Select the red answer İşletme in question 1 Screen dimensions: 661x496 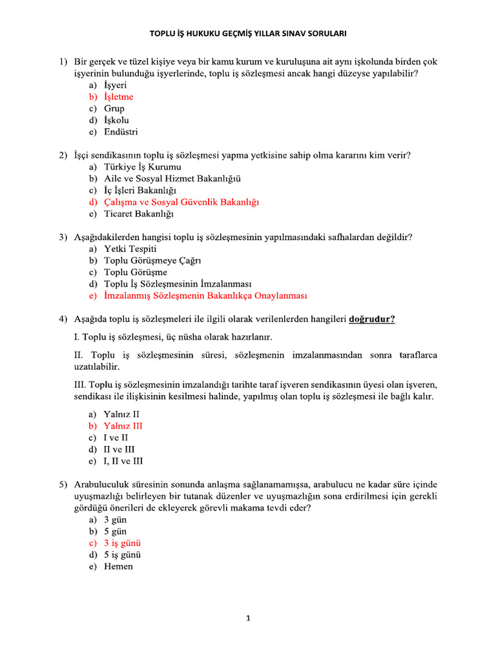point(118,97)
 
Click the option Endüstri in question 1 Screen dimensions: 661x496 point(121,132)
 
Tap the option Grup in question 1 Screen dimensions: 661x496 point(114,108)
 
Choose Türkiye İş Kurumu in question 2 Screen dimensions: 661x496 point(138,167)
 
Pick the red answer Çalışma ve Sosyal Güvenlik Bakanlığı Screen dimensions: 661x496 point(181,202)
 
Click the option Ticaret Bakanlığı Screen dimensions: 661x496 point(138,214)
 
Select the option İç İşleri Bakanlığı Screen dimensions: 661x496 point(141,190)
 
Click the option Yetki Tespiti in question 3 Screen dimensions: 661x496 point(130,249)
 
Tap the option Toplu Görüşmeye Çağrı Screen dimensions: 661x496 point(152,260)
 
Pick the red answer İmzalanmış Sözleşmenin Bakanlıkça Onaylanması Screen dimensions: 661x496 point(205,296)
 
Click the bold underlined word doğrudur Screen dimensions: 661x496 point(372,319)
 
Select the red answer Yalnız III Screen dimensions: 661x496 point(123,426)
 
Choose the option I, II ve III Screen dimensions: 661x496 point(123,461)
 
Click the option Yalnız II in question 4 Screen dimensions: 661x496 point(121,414)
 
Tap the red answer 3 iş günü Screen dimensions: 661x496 point(122,543)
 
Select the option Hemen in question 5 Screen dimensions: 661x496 point(118,566)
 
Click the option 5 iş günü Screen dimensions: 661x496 point(122,554)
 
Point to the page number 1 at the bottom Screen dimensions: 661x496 point(247,618)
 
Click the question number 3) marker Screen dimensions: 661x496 point(63,237)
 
